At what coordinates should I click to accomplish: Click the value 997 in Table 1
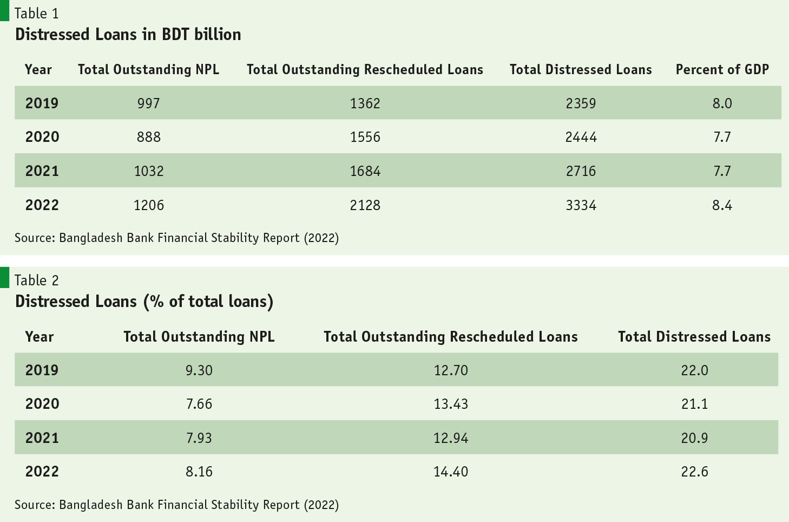pyautogui.click(x=148, y=103)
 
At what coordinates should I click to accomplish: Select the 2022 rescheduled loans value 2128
pyautogui.click(x=365, y=205)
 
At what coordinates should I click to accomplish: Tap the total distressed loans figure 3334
pyautogui.click(x=581, y=205)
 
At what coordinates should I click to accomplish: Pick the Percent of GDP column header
pyautogui.click(x=722, y=69)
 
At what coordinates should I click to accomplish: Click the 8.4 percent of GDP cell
pyautogui.click(x=722, y=205)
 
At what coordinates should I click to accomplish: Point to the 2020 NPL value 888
pyautogui.click(x=148, y=137)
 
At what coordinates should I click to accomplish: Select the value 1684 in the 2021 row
pyautogui.click(x=365, y=171)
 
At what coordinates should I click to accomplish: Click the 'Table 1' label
pyautogui.click(x=36, y=13)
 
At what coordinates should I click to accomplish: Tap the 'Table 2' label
pyautogui.click(x=36, y=280)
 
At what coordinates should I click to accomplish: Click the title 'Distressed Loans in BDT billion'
pyautogui.click(x=128, y=34)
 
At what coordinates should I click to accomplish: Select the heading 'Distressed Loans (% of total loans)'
pyautogui.click(x=144, y=301)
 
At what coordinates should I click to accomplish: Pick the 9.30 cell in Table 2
pyautogui.click(x=199, y=370)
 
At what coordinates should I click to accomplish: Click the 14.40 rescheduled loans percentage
pyautogui.click(x=450, y=472)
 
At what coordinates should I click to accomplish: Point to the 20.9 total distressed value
pyautogui.click(x=694, y=438)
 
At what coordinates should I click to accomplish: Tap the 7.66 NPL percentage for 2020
pyautogui.click(x=199, y=404)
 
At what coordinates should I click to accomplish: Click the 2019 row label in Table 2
pyautogui.click(x=42, y=370)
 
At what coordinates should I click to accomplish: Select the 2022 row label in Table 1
pyautogui.click(x=42, y=205)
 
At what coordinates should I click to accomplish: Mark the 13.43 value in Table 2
pyautogui.click(x=450, y=404)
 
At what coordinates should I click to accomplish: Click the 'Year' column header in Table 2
pyautogui.click(x=39, y=337)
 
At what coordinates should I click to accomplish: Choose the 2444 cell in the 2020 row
pyautogui.click(x=581, y=137)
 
